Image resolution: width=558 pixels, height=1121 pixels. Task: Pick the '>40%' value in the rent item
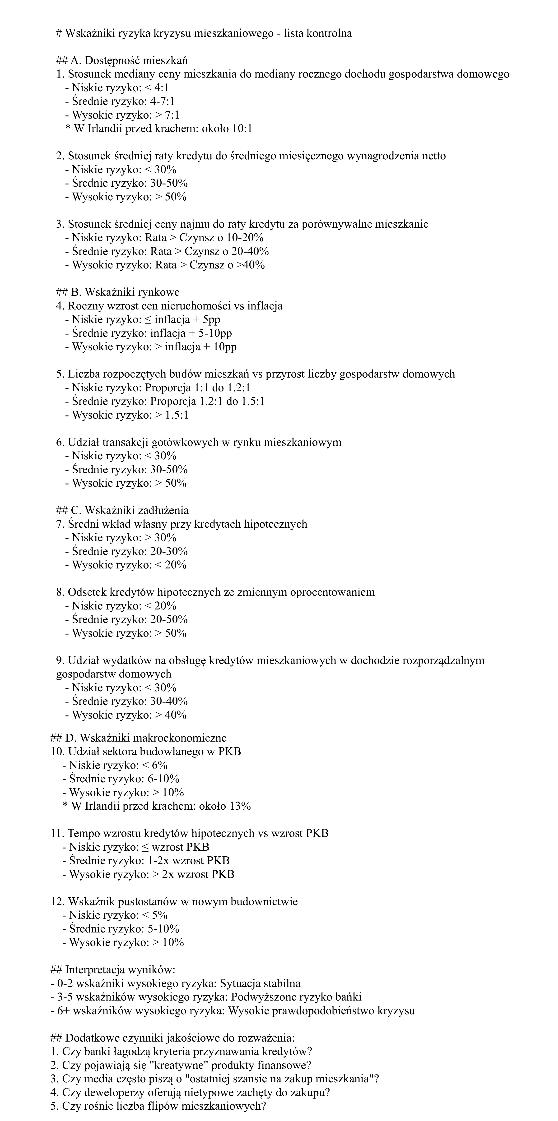click(250, 265)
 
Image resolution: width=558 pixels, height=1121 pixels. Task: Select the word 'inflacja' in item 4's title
click(265, 306)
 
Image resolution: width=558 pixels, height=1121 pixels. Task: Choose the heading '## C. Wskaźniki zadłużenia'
click(122, 510)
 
